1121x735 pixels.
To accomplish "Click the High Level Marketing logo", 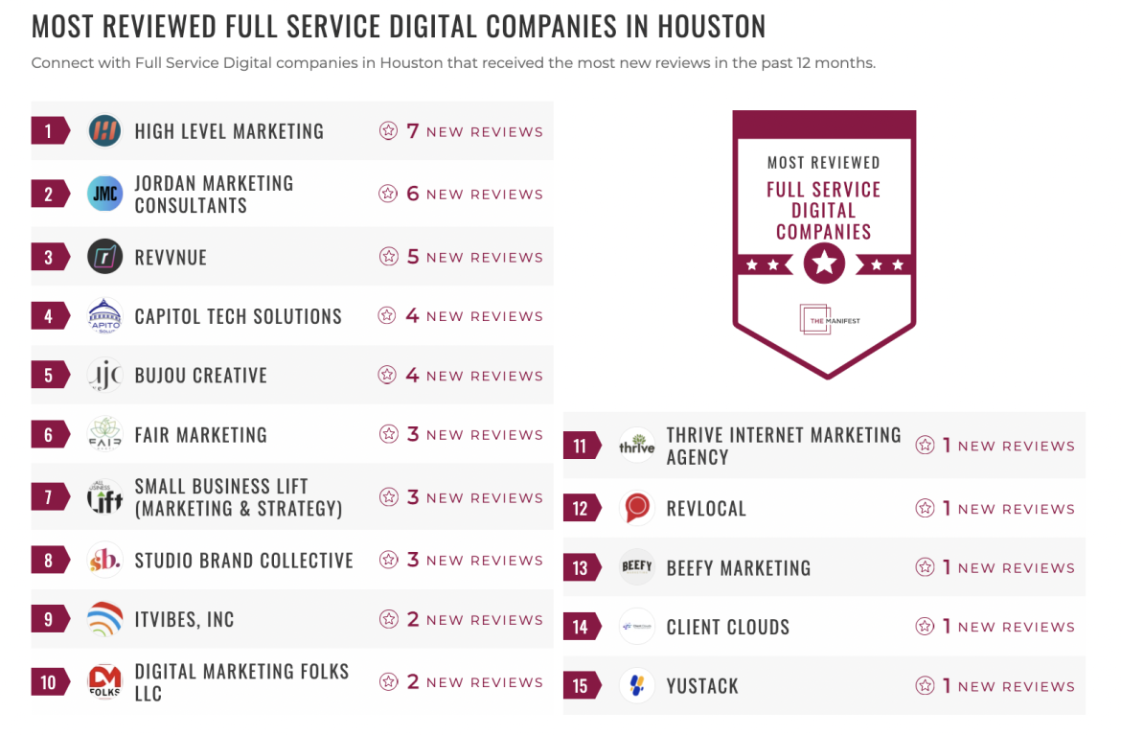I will [104, 131].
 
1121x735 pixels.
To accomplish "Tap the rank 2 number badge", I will [48, 195].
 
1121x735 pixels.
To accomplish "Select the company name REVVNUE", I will [171, 258].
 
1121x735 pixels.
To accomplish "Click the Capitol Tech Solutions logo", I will [104, 316].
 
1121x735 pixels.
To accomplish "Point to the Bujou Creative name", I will [200, 376].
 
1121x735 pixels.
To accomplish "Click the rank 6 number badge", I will [48, 435].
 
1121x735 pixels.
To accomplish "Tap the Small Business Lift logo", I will [104, 497].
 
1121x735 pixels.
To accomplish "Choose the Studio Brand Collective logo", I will [104, 561].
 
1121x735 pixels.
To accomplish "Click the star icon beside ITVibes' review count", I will [388, 620].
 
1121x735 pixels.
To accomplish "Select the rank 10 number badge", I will [48, 683].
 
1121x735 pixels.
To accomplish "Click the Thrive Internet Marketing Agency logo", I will [636, 447].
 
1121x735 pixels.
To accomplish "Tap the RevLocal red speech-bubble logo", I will [636, 509].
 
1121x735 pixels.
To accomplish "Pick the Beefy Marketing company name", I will [738, 568].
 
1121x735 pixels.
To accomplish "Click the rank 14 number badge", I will [580, 628].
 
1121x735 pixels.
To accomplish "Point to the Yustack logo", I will [636, 686].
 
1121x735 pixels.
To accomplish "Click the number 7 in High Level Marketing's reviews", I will [413, 131].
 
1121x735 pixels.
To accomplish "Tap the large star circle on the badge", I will [824, 263].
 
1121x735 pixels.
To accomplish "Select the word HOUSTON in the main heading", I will [711, 27].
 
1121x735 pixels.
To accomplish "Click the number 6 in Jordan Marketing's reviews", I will [413, 194].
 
